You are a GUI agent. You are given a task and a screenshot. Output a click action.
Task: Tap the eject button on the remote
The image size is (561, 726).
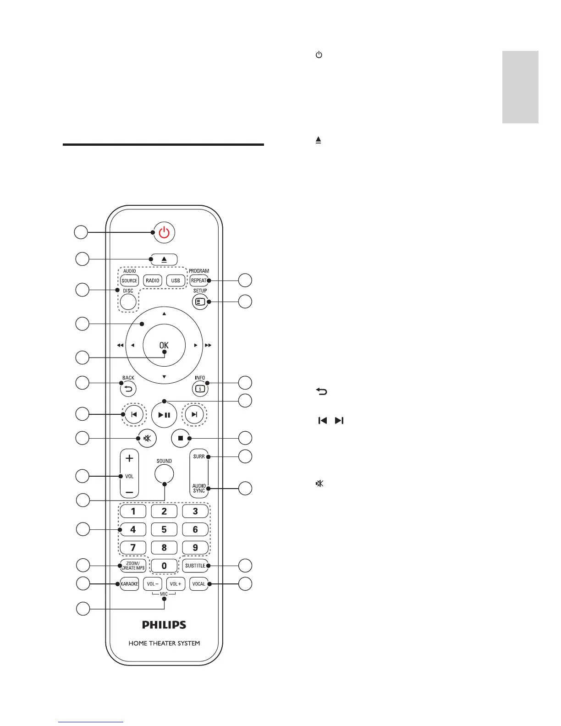tap(164, 259)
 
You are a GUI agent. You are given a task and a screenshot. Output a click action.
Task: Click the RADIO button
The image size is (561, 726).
tap(153, 280)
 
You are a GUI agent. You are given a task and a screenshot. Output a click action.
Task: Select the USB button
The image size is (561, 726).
tap(176, 280)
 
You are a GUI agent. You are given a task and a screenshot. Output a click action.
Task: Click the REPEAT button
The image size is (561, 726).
tap(198, 280)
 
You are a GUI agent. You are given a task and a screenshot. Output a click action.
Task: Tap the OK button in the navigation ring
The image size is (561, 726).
tap(164, 345)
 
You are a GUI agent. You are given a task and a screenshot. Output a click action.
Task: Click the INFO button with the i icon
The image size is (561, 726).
tap(200, 389)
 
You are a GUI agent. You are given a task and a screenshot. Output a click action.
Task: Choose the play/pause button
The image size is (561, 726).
tap(164, 415)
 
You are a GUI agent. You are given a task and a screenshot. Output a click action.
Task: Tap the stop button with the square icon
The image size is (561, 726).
tap(181, 438)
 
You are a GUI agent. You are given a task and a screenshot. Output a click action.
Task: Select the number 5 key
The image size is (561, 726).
tap(164, 529)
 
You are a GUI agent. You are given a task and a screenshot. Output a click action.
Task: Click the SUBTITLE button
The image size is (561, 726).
tap(195, 566)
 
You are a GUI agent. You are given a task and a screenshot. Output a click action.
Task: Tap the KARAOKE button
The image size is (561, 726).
tap(130, 584)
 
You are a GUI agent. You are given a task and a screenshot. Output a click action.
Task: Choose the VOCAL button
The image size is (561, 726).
tap(199, 584)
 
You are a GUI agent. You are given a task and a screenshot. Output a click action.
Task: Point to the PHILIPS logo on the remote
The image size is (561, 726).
tap(164, 625)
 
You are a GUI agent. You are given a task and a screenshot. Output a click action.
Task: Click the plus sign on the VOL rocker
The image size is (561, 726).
tap(130, 458)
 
